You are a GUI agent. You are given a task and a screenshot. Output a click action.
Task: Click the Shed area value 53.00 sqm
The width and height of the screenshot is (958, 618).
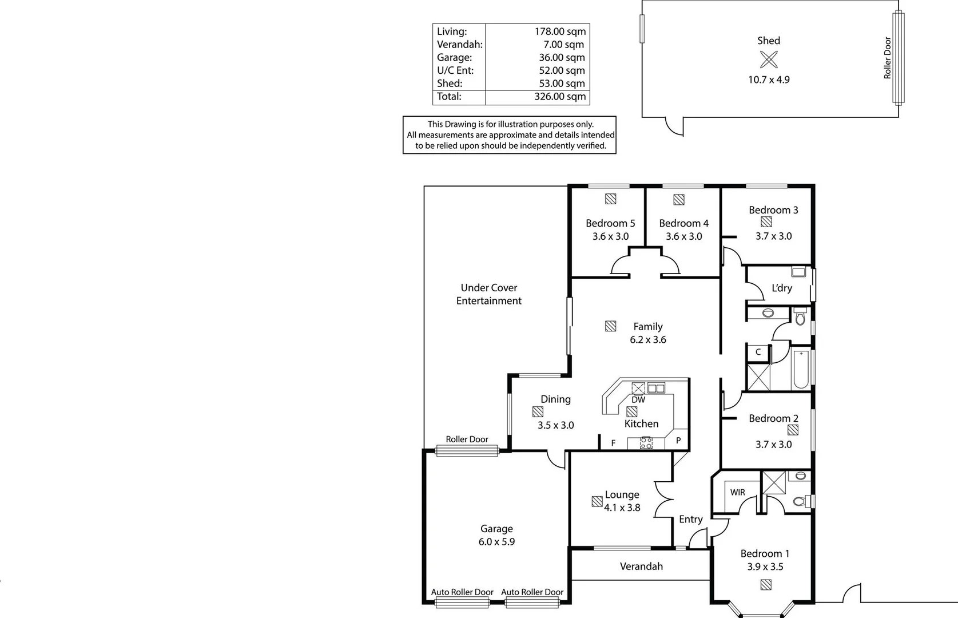point(559,84)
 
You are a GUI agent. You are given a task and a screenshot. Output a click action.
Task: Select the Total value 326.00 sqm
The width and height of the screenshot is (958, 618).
point(559,97)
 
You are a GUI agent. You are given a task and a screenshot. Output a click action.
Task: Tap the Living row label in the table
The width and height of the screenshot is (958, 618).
point(452,32)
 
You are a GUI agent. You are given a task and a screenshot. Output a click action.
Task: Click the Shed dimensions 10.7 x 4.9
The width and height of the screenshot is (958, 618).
point(769,80)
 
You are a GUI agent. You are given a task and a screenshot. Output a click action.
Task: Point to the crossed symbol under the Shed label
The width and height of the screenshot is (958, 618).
point(769,60)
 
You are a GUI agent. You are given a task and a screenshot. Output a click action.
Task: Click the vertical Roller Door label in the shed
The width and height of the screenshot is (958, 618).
point(888,58)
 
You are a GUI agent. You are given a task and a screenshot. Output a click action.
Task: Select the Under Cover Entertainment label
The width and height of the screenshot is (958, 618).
point(489,294)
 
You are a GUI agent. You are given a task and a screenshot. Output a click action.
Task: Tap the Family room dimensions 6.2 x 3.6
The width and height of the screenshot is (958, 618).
point(648,340)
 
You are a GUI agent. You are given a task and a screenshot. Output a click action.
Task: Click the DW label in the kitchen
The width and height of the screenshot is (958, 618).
point(638,400)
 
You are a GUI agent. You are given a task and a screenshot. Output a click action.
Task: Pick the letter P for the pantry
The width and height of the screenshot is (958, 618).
point(678,441)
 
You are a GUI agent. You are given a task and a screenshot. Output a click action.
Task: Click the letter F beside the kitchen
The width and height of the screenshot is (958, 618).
point(614,443)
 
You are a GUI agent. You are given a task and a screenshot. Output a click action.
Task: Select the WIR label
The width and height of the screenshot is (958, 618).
point(738,492)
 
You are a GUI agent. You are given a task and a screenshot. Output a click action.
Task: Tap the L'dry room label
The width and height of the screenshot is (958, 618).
point(782,288)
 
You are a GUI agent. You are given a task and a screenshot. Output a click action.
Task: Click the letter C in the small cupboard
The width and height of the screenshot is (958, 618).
point(758,352)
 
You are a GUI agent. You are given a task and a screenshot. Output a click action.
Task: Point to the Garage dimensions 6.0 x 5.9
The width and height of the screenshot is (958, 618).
point(496,542)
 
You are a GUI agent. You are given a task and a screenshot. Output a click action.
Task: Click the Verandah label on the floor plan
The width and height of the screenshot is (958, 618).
point(641,566)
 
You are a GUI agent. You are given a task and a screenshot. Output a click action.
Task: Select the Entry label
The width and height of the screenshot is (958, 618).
point(691,520)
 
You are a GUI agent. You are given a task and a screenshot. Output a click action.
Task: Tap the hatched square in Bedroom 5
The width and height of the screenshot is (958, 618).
point(611,199)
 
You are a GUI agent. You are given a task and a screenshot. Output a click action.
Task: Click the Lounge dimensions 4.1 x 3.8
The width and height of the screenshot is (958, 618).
point(622,508)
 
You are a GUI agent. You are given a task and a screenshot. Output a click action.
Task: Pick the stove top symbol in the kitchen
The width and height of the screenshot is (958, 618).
point(646,442)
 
